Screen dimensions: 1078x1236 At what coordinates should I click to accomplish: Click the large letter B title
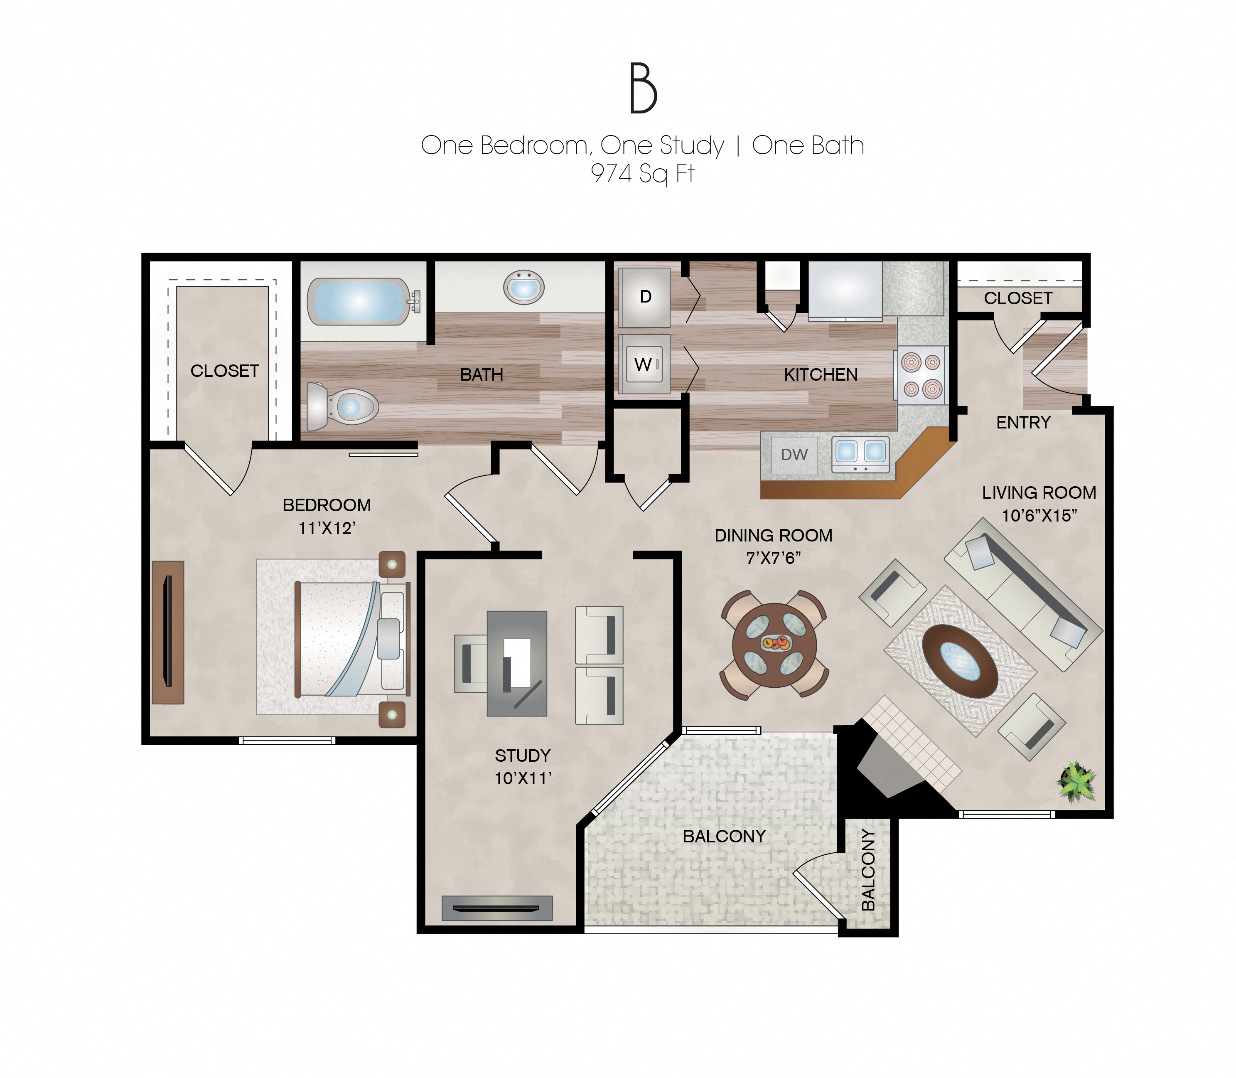click(643, 89)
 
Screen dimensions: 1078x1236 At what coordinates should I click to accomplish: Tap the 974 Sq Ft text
click(642, 174)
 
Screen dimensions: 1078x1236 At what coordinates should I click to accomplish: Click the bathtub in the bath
click(358, 301)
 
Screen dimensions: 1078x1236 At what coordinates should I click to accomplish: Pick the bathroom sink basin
click(523, 287)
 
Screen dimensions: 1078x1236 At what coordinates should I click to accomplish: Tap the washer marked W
click(644, 364)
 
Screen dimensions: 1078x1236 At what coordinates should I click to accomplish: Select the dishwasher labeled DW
click(794, 455)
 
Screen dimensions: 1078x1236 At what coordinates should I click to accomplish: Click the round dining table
click(774, 645)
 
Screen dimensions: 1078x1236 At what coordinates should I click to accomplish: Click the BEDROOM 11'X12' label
click(327, 516)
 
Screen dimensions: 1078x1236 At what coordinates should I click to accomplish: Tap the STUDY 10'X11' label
click(523, 766)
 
